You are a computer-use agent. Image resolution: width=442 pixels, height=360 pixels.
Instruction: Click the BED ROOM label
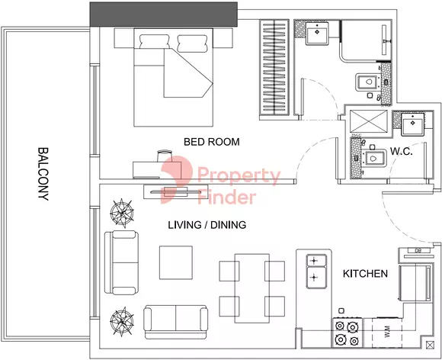coord(211,142)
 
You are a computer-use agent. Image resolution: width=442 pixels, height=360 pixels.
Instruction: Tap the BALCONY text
coord(43,174)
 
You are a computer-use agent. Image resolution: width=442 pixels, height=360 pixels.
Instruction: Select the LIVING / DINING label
coord(207,225)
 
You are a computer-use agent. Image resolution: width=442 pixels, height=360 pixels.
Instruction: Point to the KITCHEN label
coord(365,273)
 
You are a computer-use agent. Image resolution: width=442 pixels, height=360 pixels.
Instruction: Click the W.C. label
coord(402,152)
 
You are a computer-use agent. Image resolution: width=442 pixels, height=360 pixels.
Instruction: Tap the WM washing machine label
coord(387,332)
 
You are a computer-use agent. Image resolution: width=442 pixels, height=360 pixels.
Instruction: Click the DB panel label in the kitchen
coord(418,250)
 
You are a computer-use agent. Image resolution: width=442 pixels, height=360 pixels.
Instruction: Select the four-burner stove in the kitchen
coord(347,333)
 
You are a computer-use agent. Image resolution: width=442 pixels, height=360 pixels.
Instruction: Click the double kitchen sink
coord(316,272)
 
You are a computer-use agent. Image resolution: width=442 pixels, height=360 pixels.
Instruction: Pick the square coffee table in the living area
coord(176,262)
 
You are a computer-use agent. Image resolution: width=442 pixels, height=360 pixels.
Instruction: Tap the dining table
coord(252,288)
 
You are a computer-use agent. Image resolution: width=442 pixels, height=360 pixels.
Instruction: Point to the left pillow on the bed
coord(154,42)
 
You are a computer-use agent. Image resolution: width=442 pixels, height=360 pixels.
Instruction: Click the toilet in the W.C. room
coord(373,159)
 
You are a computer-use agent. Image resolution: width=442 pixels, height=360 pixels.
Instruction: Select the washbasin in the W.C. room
coord(413,124)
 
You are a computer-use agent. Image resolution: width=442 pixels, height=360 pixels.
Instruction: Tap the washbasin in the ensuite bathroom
coord(317,33)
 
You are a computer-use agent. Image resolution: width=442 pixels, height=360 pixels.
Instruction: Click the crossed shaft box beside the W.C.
coord(369,121)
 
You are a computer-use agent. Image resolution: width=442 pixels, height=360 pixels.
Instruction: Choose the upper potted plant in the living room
coord(121,213)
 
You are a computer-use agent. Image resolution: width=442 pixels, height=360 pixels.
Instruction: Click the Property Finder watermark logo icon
coord(177,179)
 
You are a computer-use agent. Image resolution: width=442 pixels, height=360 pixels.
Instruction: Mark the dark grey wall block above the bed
coord(164,14)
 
